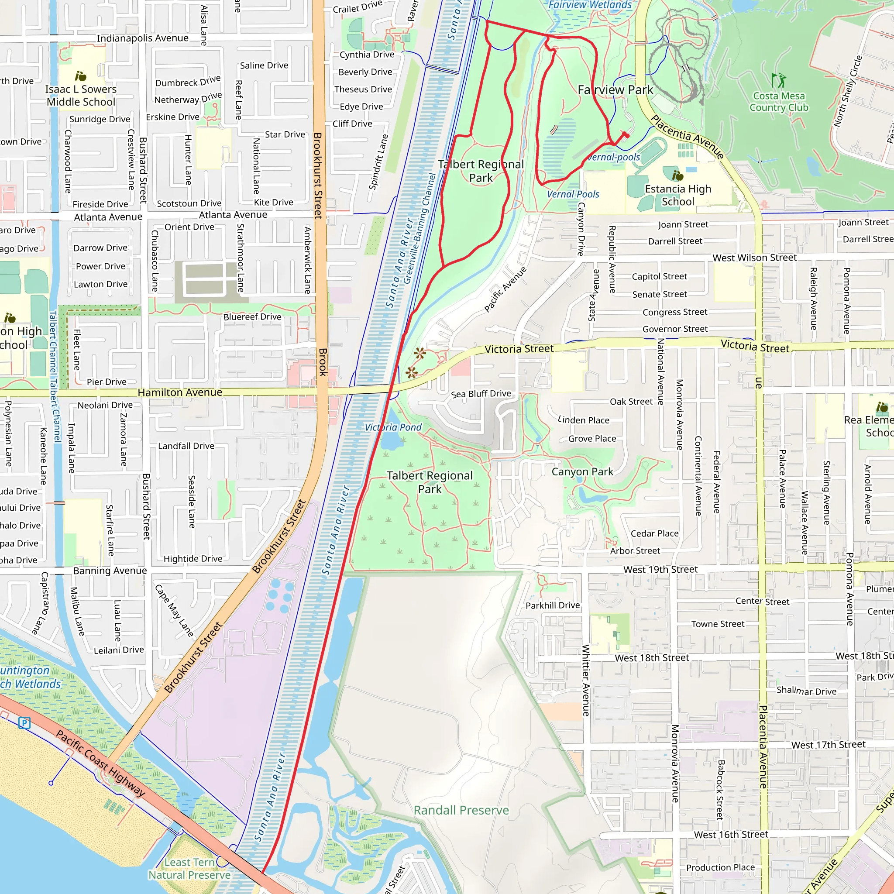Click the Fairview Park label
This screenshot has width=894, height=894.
pos(615,90)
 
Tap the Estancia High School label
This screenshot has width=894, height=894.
pos(678,195)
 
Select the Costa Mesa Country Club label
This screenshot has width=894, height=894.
pos(779,102)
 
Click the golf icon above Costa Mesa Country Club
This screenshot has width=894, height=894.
pos(778,80)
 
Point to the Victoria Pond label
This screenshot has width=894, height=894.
pos(393,427)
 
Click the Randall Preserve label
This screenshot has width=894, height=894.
pos(461,810)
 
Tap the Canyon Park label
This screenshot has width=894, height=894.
pos(582,471)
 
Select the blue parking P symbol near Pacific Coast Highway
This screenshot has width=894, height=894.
pos(24,723)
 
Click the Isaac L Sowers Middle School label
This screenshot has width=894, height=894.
pos(81,95)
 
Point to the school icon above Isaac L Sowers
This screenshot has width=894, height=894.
pos(81,76)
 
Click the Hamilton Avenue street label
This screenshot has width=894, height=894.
pos(180,392)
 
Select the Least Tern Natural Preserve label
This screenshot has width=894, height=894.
pos(189,869)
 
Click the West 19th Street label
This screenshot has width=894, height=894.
pos(660,570)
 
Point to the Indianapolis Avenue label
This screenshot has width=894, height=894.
pos(142,38)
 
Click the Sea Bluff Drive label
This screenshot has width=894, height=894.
pos(481,394)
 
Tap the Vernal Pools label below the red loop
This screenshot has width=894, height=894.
pos(573,194)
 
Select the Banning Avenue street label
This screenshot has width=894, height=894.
pos(110,571)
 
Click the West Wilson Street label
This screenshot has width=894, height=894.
pos(754,258)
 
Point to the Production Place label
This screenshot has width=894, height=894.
pos(720,867)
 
